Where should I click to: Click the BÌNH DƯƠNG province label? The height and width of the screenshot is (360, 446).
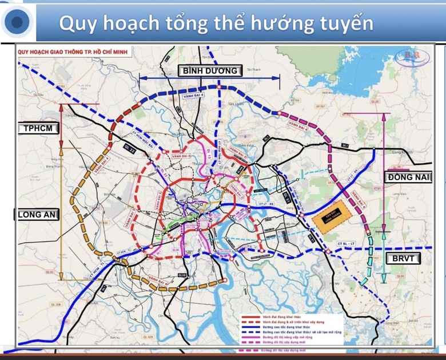tap(210, 70)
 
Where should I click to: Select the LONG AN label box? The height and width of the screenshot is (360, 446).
tap(37, 214)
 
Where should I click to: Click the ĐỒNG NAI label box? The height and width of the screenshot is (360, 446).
tap(407, 177)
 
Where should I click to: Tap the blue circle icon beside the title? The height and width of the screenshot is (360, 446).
tap(17, 22)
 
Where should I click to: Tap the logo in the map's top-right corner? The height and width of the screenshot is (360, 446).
tap(411, 56)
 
